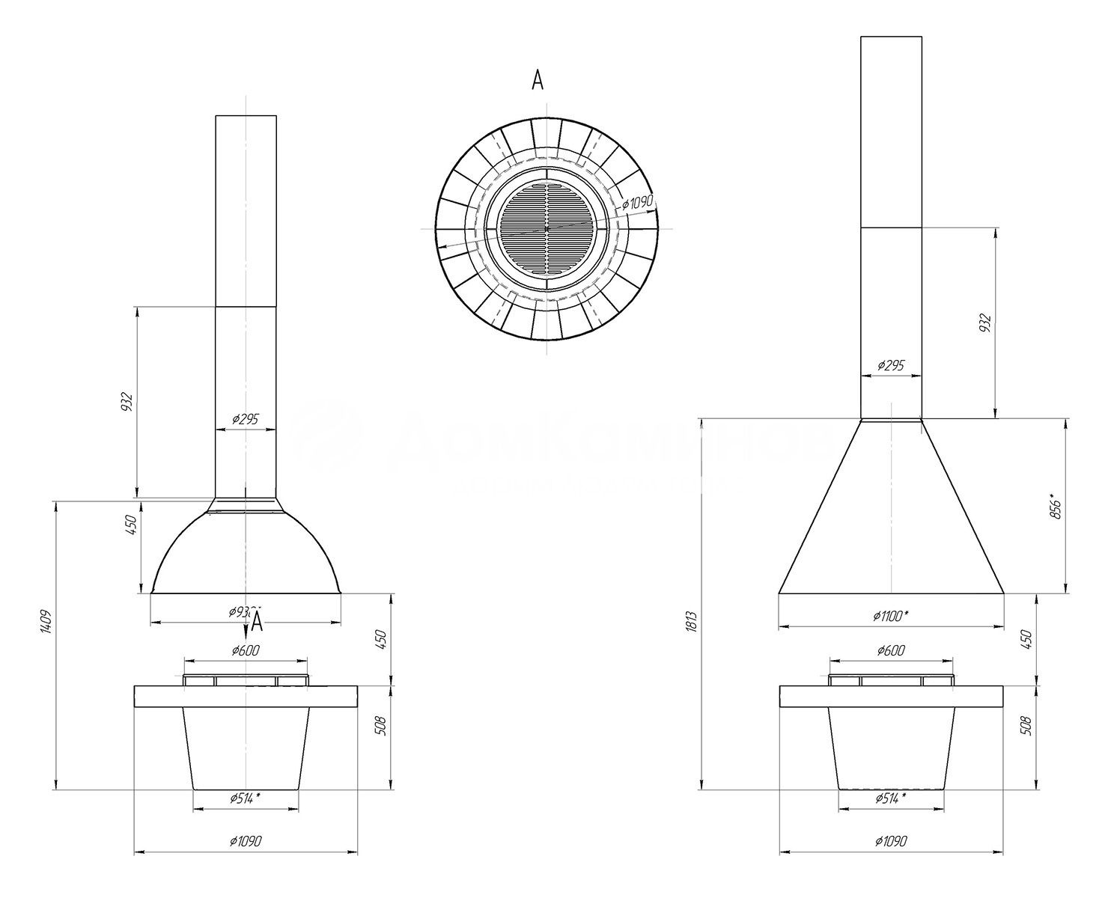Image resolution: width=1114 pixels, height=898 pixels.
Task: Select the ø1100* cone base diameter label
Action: point(890,615)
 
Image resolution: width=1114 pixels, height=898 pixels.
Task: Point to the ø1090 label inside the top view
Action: point(638,203)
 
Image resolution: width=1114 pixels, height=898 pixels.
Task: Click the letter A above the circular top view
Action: point(537,81)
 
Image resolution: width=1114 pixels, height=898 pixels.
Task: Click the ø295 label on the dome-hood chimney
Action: point(245,419)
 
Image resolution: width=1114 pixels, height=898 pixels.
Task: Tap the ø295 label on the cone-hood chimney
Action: point(890,365)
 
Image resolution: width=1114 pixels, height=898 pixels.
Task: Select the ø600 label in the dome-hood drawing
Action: point(245,650)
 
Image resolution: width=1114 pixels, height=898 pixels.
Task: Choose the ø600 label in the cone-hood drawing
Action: point(890,650)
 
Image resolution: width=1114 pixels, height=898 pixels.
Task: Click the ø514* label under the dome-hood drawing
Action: point(245,798)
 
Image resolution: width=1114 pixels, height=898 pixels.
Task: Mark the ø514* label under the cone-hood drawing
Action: point(890,798)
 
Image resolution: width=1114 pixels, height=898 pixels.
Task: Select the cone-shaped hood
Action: point(891,516)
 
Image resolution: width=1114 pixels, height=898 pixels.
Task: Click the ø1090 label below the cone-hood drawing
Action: point(890,841)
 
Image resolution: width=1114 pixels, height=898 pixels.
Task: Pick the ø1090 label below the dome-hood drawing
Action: point(245,841)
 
